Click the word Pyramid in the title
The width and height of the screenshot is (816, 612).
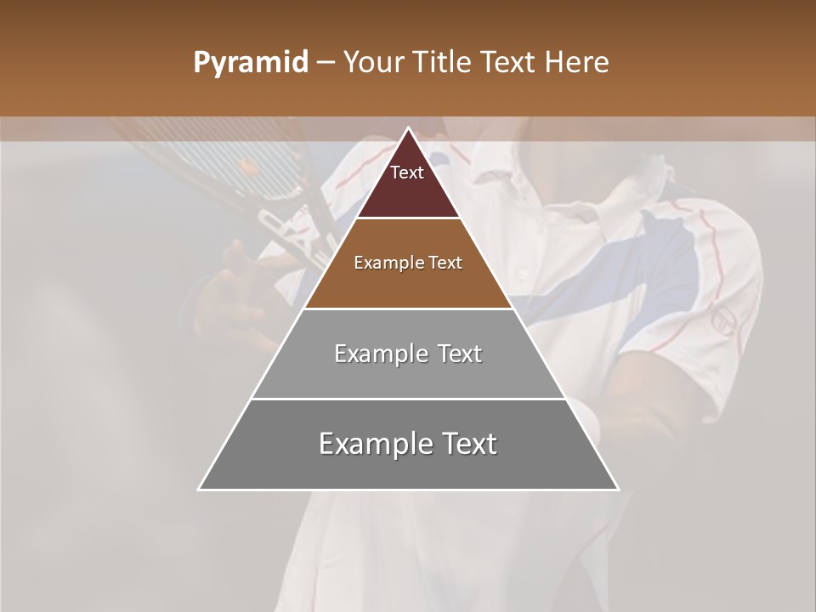(250, 63)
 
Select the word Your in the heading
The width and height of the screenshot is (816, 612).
(374, 63)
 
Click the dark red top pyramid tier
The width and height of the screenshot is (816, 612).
(408, 191)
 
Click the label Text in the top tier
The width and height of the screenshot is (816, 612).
(407, 173)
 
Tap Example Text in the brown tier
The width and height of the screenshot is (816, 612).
(408, 263)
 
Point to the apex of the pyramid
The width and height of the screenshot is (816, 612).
(409, 129)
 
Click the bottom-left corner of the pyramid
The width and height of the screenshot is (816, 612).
(200, 489)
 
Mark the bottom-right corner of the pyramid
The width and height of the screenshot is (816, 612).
(617, 489)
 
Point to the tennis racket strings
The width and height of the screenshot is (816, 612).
(212, 153)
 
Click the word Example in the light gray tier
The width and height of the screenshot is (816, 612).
(372, 354)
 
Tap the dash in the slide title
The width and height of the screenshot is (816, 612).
(325, 63)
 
